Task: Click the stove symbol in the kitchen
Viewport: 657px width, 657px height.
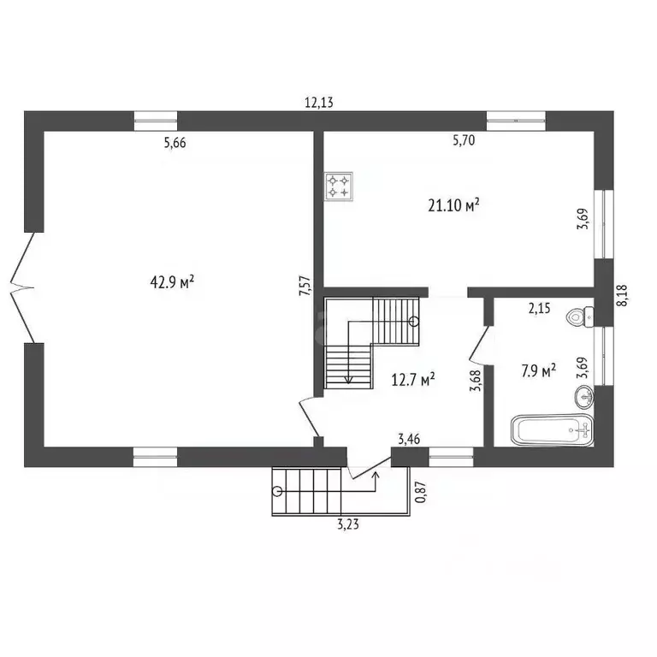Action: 338,186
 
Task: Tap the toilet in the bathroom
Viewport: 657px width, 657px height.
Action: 580,317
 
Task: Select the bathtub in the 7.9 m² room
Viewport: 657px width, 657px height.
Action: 551,429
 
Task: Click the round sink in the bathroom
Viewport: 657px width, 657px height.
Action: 583,395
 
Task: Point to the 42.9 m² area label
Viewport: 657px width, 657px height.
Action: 172,281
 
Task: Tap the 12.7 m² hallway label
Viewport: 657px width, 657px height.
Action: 412,377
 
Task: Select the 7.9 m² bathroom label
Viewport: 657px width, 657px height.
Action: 538,370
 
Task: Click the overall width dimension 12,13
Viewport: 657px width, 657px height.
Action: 319,103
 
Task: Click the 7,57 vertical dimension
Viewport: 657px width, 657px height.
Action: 305,285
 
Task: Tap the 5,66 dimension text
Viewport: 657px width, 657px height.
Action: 175,143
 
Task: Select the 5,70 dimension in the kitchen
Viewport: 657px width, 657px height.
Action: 463,142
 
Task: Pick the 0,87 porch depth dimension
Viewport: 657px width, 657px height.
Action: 419,494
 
